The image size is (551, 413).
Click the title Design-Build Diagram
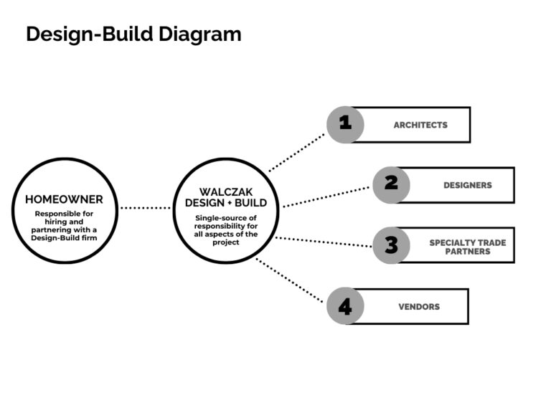[133, 34]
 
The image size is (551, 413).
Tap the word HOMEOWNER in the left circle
[65, 199]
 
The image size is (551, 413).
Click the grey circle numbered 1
[345, 124]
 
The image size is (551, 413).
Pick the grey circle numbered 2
[391, 184]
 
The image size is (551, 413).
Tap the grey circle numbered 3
[391, 245]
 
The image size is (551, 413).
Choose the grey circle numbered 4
[345, 306]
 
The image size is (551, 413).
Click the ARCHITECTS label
[420, 125]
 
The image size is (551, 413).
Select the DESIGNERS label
[467, 185]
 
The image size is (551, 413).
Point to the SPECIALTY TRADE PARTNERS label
[467, 247]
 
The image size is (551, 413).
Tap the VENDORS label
[419, 307]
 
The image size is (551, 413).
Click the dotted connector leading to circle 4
[291, 280]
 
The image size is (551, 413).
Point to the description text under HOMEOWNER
[65, 226]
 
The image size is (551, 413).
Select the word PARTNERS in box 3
[467, 252]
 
